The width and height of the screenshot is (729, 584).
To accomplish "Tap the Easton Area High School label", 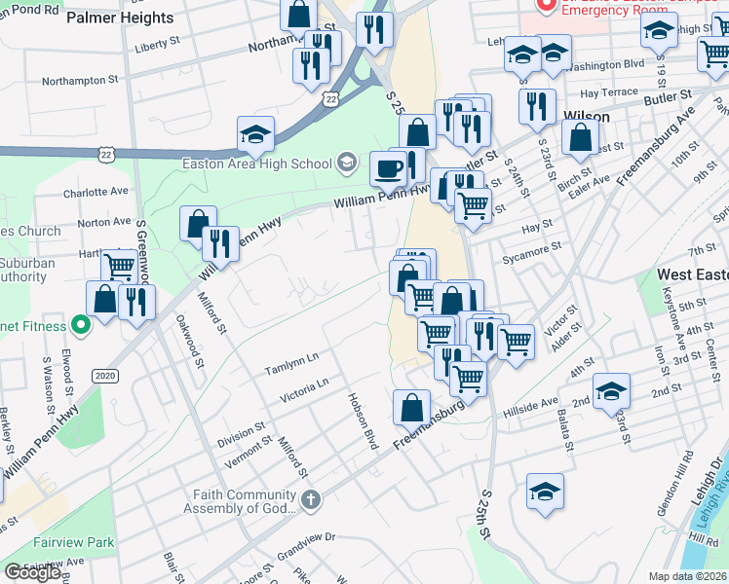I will (x=257, y=163).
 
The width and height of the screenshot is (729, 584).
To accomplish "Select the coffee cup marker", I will (x=388, y=168).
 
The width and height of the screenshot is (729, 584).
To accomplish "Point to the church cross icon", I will (x=310, y=501).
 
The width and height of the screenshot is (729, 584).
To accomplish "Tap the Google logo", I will (x=32, y=572).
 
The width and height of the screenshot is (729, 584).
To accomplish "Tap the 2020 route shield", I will (x=104, y=376).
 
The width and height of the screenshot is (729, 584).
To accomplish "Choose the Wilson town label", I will (x=587, y=116).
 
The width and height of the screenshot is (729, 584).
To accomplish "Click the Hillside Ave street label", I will (x=530, y=407).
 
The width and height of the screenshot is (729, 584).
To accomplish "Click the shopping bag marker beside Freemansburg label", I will (x=411, y=408).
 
